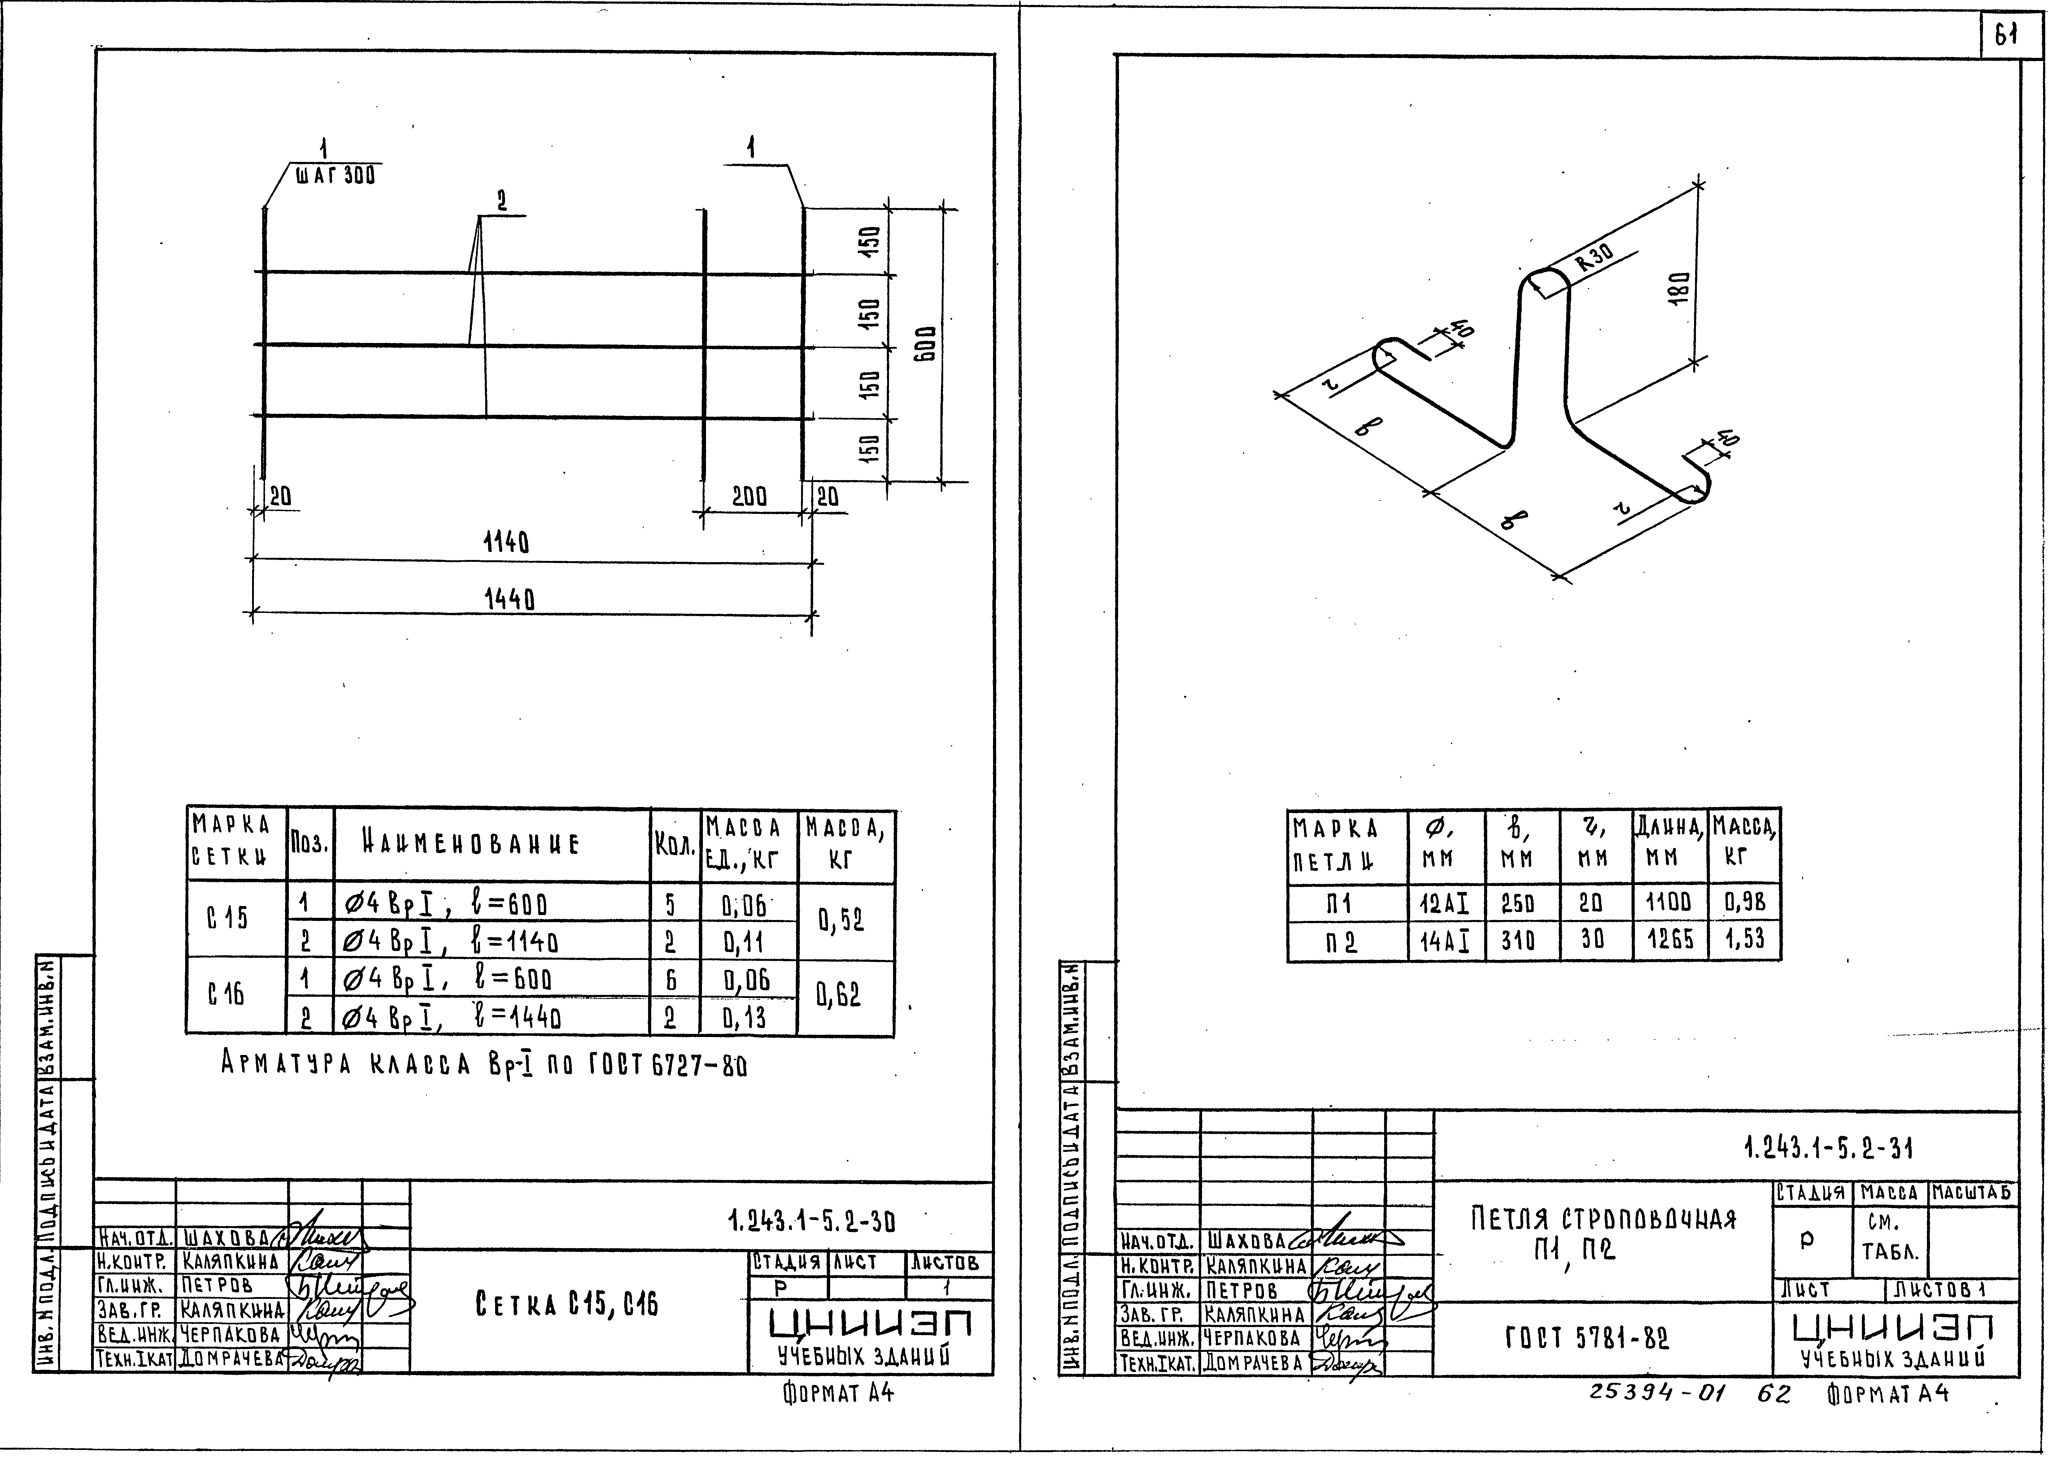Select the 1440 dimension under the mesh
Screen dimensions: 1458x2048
pos(509,599)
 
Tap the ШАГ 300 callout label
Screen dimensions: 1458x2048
pos(335,176)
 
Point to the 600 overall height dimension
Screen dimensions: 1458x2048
pos(926,344)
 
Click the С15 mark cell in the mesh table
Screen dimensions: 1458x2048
pos(228,918)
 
